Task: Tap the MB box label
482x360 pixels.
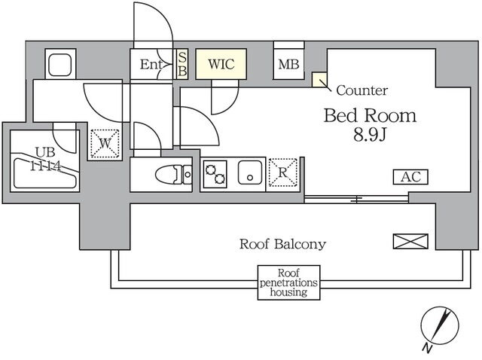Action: [x=288, y=65]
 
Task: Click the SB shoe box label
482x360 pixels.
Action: [x=182, y=64]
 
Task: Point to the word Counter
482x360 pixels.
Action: [x=361, y=91]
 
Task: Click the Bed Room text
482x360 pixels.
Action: [x=370, y=116]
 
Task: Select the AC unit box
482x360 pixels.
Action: [x=410, y=178]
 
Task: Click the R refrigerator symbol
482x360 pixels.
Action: [x=282, y=172]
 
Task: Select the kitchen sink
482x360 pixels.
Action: [x=249, y=173]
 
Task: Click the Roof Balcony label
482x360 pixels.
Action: [x=282, y=243]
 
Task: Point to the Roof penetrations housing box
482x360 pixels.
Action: [x=288, y=282]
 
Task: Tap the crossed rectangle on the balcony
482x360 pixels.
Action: [x=410, y=241]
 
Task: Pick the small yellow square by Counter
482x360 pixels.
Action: [x=319, y=79]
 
